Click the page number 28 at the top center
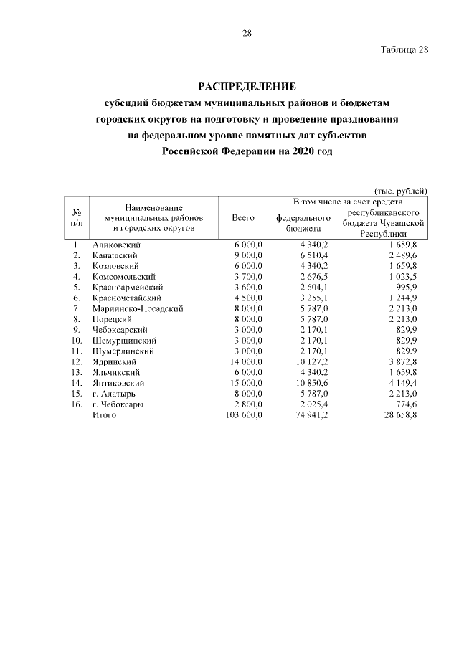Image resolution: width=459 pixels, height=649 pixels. click(246, 33)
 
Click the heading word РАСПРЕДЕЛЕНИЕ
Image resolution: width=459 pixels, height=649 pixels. click(246, 87)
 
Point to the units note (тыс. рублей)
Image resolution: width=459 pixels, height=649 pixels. click(401, 190)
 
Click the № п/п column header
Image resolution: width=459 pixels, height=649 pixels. click(76, 218)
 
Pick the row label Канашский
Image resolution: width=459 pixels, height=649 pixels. click(115, 255)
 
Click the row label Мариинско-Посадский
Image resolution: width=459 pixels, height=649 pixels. click(138, 308)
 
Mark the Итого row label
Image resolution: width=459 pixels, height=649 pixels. click(105, 415)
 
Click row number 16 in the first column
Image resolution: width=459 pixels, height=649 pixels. click(76, 404)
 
